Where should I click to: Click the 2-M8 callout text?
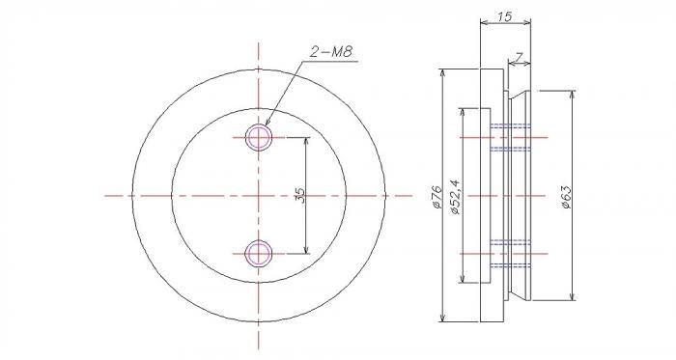(331, 52)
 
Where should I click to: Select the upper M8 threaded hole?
(258, 137)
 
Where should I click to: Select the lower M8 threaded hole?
(258, 254)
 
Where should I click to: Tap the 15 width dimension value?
(504, 16)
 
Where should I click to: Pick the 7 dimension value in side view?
(519, 56)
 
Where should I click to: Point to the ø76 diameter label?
(436, 197)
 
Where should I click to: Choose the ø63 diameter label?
(566, 198)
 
